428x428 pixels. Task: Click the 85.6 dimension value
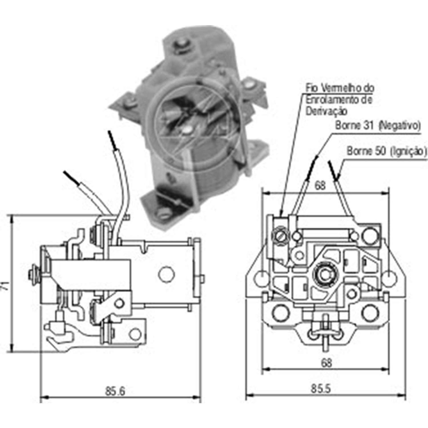(115, 391)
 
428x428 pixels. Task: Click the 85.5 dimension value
(321, 389)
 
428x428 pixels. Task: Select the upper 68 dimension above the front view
(320, 186)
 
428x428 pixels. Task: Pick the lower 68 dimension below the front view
(326, 363)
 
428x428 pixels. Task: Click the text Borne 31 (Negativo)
(378, 126)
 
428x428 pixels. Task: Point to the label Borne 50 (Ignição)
(387, 151)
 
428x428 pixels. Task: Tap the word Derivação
(326, 111)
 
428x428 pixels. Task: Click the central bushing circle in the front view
(324, 275)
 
